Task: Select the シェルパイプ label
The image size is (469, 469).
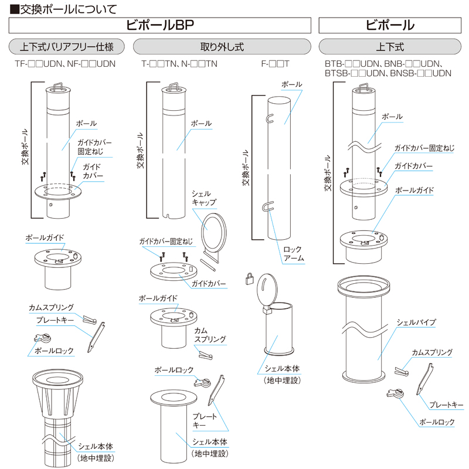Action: click(x=416, y=322)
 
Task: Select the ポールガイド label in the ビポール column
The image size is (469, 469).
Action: click(x=414, y=191)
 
